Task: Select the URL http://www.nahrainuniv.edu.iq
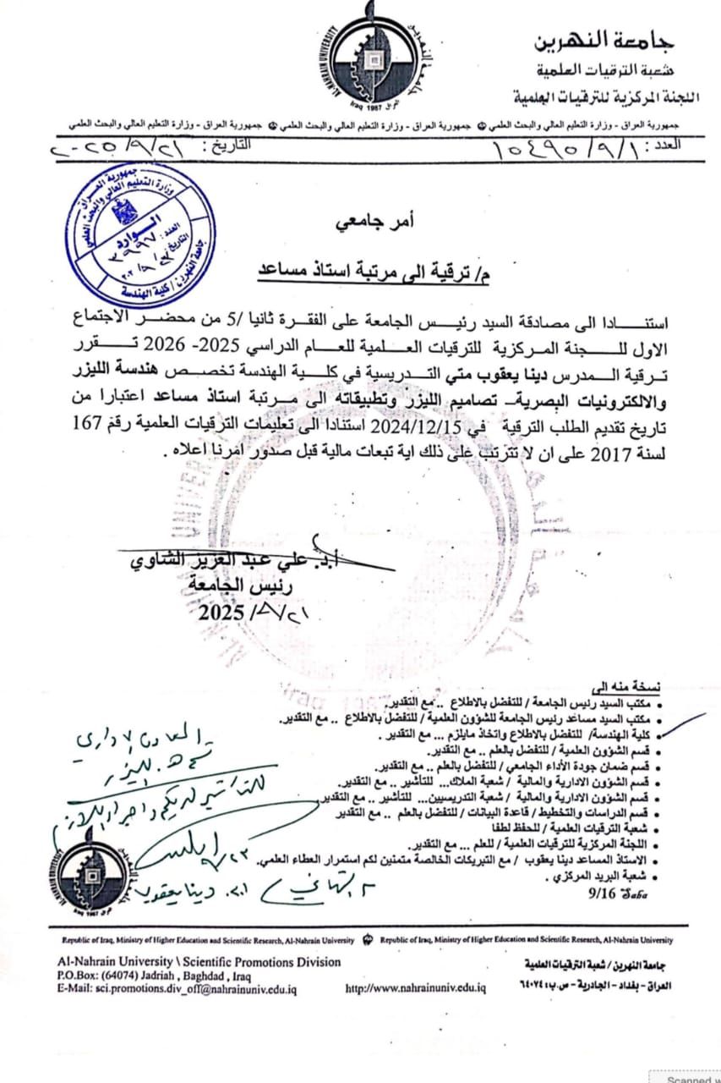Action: coord(415,987)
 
